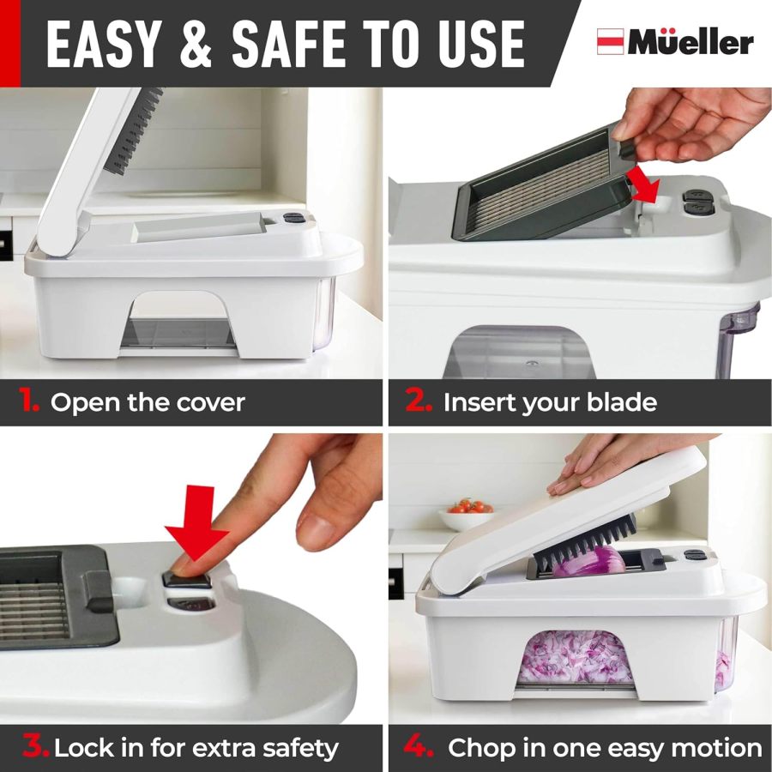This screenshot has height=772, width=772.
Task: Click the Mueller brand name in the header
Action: (691, 42)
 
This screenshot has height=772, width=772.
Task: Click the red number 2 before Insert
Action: (418, 401)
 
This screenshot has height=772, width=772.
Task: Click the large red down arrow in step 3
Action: (196, 523)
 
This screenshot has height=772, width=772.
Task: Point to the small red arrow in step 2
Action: (652, 184)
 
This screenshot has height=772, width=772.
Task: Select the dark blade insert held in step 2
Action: (540, 184)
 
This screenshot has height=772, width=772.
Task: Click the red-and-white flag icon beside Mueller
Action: (610, 42)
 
